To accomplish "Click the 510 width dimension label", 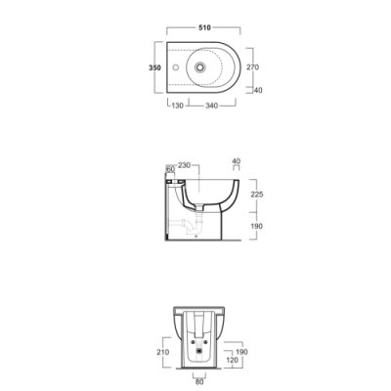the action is [x=204, y=27].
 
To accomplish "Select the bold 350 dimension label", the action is [x=154, y=67].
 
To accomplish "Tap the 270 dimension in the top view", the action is [x=252, y=67].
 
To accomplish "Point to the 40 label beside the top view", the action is [x=258, y=90].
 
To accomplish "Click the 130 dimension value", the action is [x=178, y=106].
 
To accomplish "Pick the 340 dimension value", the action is [x=211, y=106].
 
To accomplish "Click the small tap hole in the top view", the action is [x=176, y=67].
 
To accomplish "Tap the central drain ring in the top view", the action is [x=199, y=67].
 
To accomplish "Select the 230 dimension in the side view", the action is [x=184, y=165].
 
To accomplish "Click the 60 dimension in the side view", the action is [x=170, y=169].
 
